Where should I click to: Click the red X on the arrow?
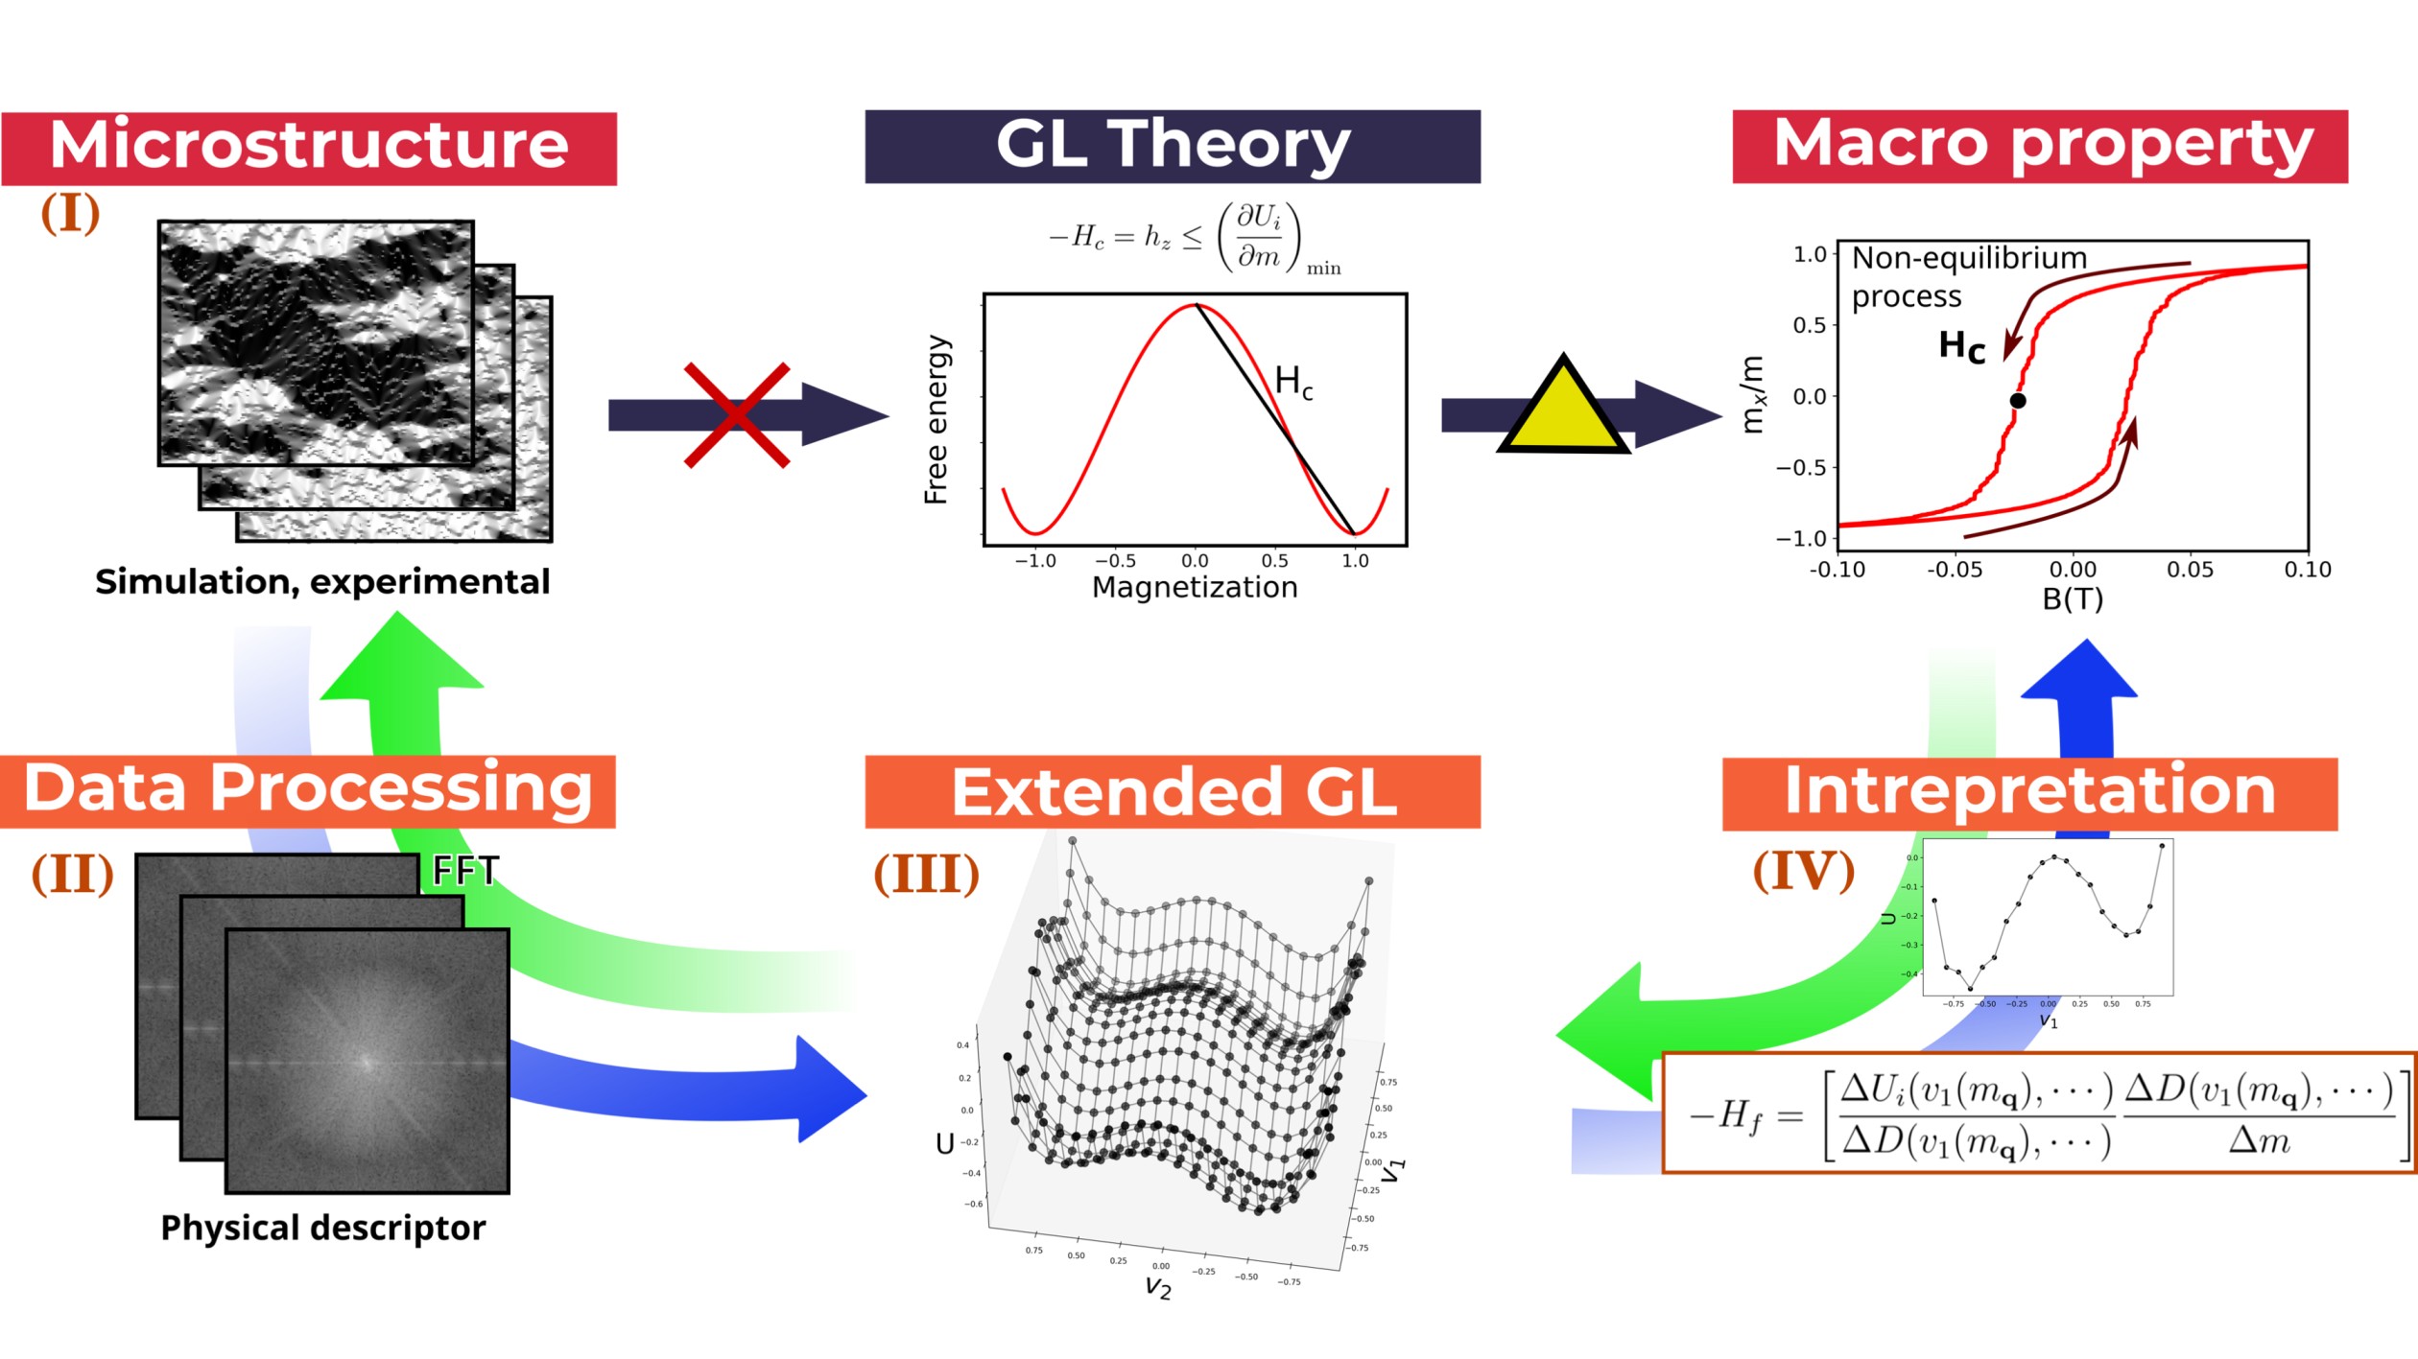click(737, 415)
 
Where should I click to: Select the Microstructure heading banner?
click(309, 148)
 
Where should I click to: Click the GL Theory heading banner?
click(1173, 146)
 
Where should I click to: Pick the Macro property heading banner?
click(2040, 146)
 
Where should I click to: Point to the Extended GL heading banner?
click(1173, 791)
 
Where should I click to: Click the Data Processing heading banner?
click(308, 791)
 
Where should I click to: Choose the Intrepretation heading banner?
click(2029, 793)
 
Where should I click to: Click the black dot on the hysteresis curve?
click(2018, 401)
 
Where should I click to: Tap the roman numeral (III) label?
click(926, 874)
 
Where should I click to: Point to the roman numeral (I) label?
click(70, 213)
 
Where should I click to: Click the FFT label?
click(465, 871)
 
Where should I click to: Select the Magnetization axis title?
click(1195, 587)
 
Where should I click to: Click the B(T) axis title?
click(2073, 598)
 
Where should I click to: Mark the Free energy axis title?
click(936, 419)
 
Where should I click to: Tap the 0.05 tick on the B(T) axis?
click(2190, 570)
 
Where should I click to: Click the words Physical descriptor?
click(322, 1228)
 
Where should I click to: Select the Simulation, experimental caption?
click(322, 581)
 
